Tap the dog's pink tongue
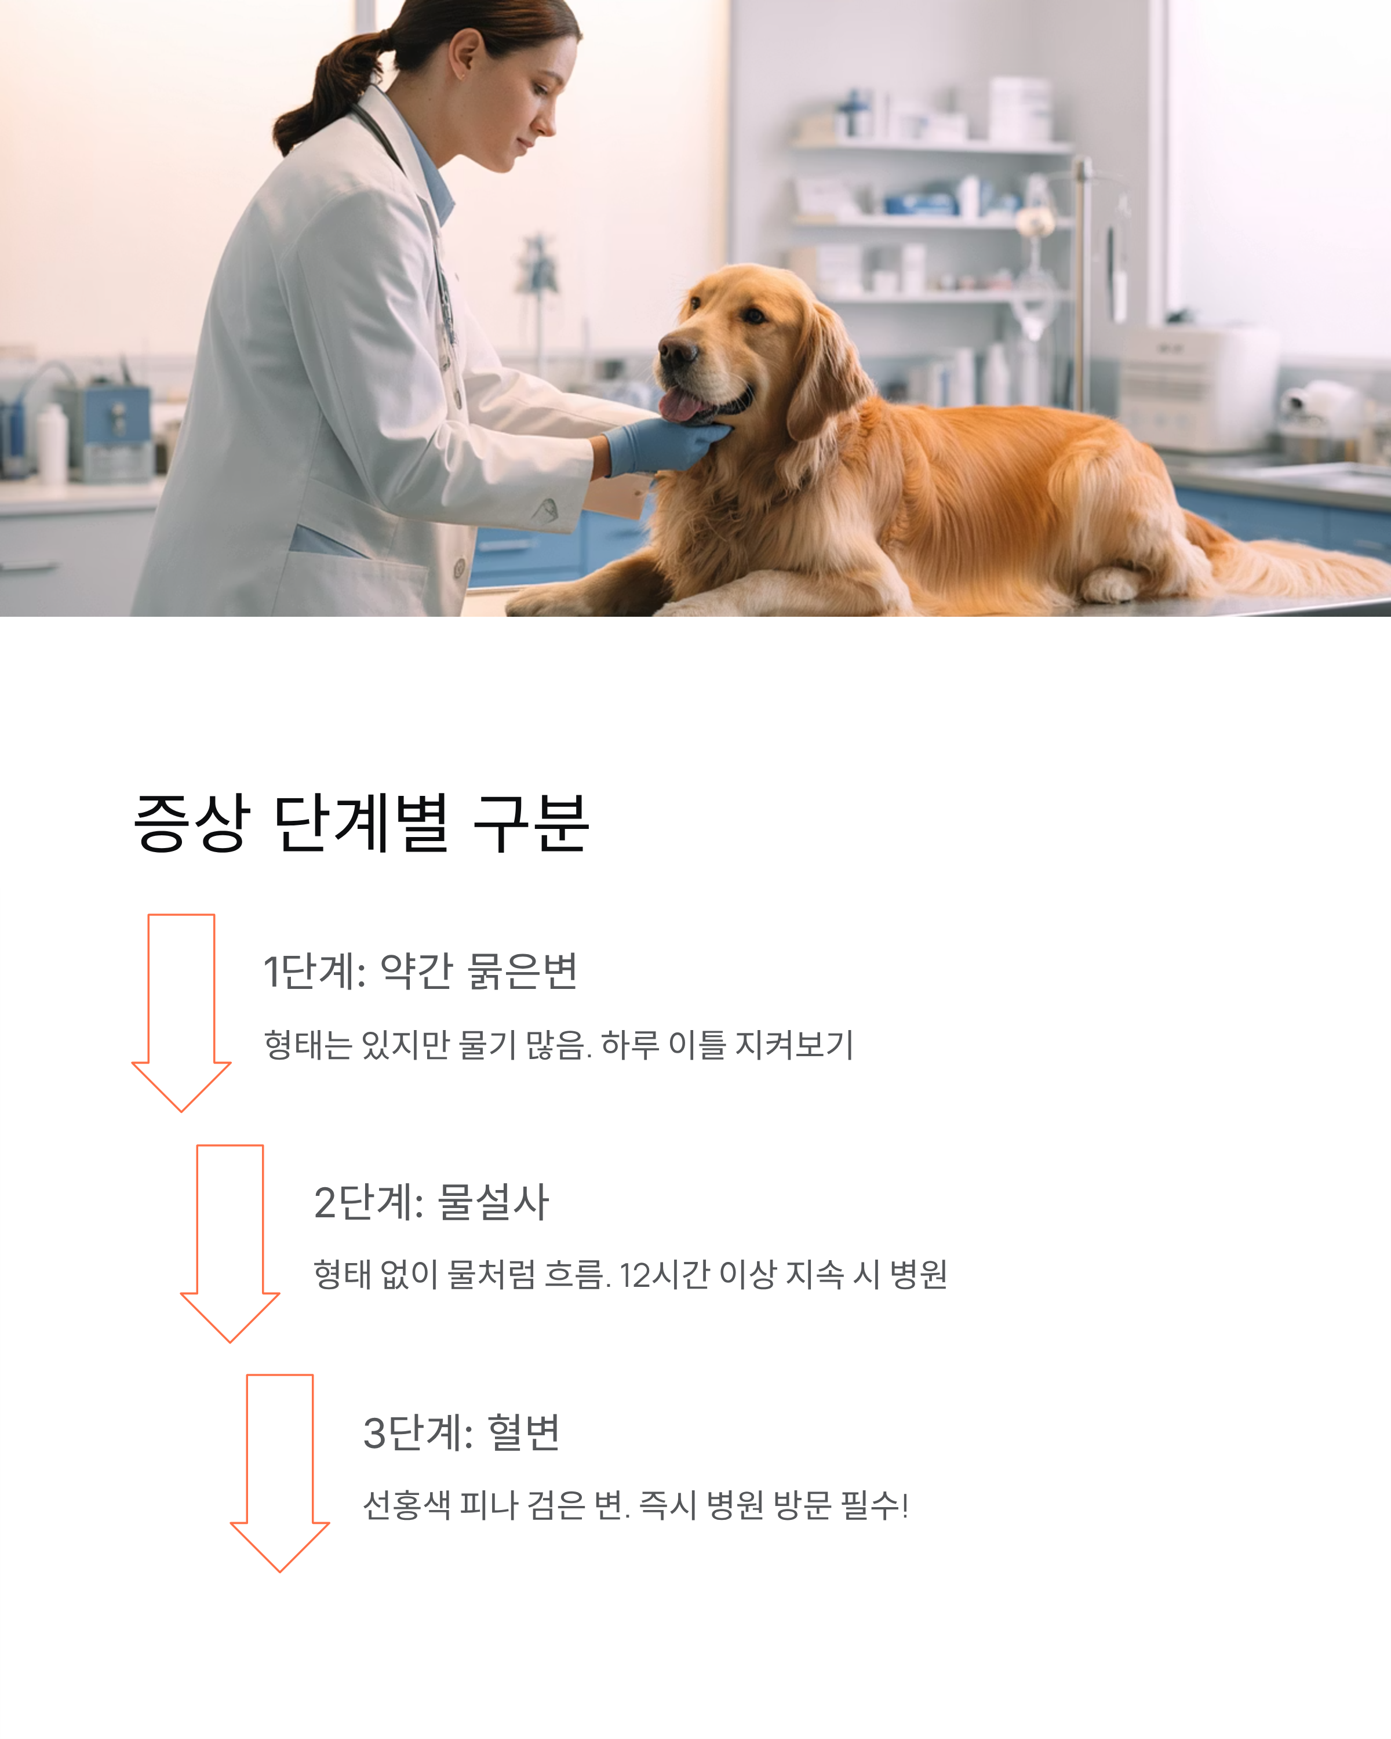coord(682,406)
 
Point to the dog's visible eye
coord(754,315)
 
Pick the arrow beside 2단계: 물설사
coord(230,1242)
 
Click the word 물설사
coord(493,1202)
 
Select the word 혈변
coord(524,1432)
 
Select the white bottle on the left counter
coord(52,443)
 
